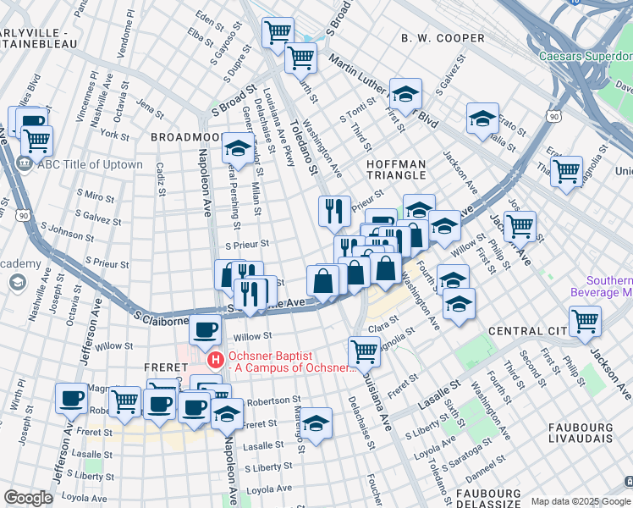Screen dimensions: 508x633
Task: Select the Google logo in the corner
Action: click(x=29, y=497)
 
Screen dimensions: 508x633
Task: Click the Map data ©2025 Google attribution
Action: click(x=580, y=501)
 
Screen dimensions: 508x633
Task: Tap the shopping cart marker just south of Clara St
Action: click(x=364, y=349)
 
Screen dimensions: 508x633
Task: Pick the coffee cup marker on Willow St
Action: click(x=204, y=329)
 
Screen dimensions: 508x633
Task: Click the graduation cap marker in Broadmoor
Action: click(x=239, y=147)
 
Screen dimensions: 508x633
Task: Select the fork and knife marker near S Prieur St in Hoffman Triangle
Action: click(x=335, y=210)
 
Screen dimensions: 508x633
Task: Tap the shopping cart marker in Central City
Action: click(x=585, y=320)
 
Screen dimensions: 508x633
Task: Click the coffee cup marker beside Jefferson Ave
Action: click(x=71, y=396)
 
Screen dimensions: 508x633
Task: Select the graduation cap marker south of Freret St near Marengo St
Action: click(x=316, y=423)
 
